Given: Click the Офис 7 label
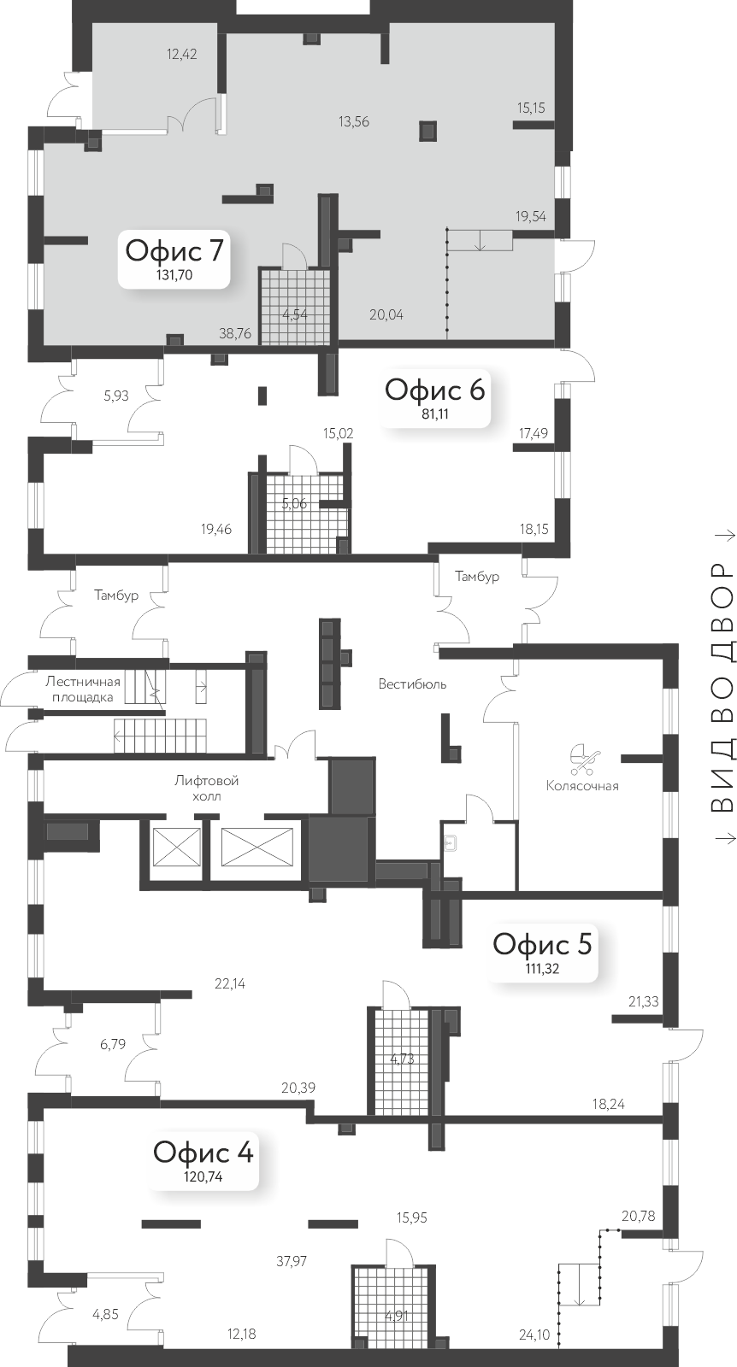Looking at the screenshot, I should [x=174, y=251].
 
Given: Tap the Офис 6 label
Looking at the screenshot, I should [x=435, y=390].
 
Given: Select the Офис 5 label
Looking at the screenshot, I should [x=543, y=944].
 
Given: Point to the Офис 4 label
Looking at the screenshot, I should [x=203, y=1152].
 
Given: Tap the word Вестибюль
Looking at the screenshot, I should [x=413, y=683].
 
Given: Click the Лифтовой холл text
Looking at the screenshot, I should [x=206, y=789].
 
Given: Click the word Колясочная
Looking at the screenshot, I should [x=582, y=785].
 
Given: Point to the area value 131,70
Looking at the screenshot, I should [x=174, y=275].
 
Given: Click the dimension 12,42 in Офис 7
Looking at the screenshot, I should [x=182, y=55].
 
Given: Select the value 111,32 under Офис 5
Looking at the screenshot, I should [x=543, y=968].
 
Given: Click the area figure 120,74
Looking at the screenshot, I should [x=203, y=1176].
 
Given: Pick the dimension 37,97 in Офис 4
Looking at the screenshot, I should [x=292, y=1260].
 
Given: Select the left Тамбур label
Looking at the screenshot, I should [x=117, y=595].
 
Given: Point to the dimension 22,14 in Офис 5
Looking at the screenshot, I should [x=230, y=983].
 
